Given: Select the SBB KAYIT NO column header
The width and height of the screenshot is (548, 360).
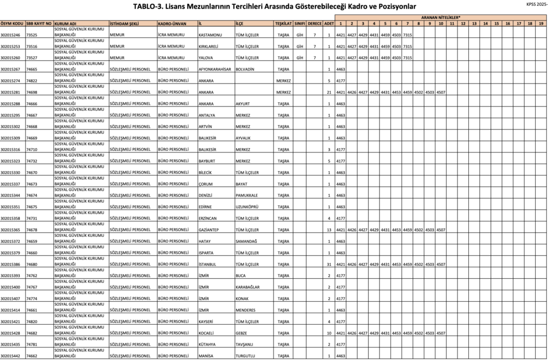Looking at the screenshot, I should point(39,24).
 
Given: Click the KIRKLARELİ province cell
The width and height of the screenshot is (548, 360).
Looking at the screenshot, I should point(210,47).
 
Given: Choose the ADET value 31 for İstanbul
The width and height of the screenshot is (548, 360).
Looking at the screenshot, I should point(329,264).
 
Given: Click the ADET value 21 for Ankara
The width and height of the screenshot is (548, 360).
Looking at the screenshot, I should point(329,93).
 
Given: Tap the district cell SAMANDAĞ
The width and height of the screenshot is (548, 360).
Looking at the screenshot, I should point(247,241).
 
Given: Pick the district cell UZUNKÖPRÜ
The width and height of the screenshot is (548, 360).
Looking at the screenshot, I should point(247,207).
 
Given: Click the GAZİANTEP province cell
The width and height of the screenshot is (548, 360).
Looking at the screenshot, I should point(210,230).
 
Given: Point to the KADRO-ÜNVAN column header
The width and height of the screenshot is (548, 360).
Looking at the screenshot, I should point(172,24).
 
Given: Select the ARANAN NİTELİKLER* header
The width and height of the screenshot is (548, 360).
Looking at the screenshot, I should point(441,18).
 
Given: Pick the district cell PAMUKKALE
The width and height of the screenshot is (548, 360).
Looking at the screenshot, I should point(247,196).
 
